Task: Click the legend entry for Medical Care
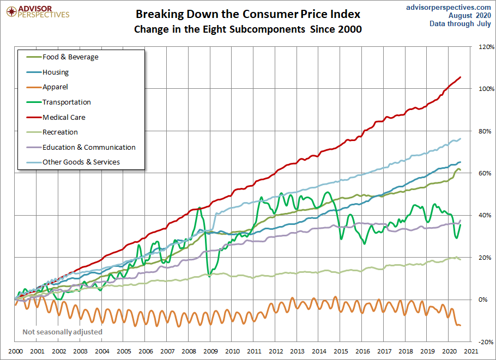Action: [64, 117]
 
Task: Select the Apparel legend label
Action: [55, 87]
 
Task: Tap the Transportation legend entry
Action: [66, 102]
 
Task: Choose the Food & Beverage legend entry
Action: [70, 57]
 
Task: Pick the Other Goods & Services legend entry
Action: [81, 162]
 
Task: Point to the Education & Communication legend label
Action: [89, 147]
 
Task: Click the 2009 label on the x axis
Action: [210, 352]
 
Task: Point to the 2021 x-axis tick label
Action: [471, 352]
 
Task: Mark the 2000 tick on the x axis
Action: [15, 352]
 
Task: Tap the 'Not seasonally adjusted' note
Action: [62, 332]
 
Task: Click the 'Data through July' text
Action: [460, 23]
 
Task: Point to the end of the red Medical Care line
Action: [461, 77]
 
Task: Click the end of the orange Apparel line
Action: [461, 326]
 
